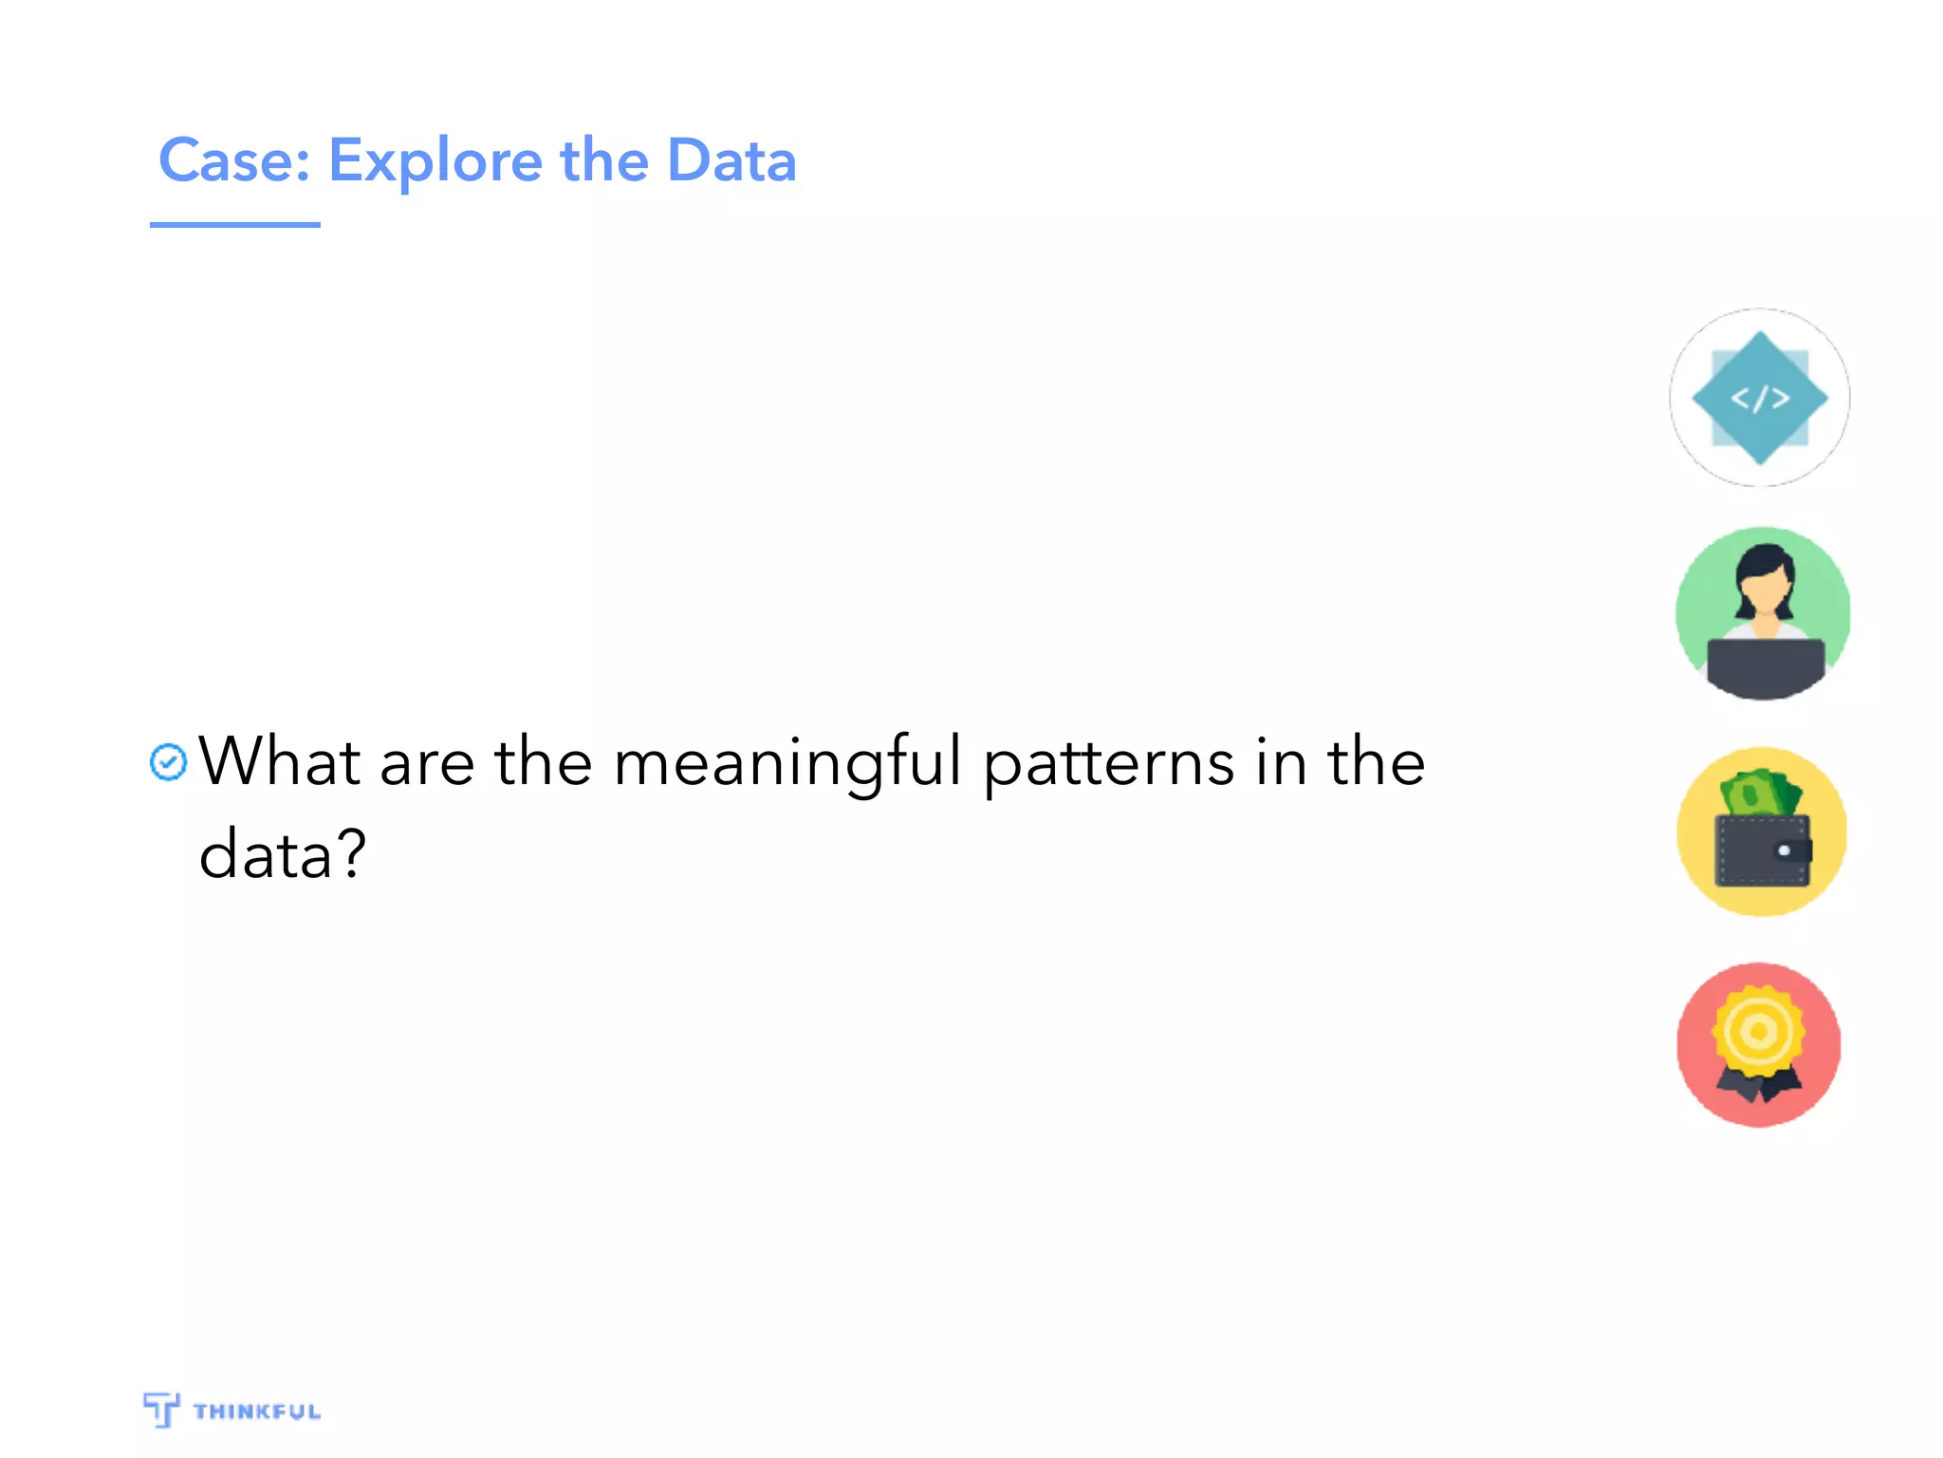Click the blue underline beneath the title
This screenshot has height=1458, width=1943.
(x=234, y=225)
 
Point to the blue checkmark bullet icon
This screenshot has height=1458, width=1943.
(x=169, y=762)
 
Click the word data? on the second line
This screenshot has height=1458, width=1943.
(x=282, y=853)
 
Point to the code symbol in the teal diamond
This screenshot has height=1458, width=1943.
(x=1760, y=398)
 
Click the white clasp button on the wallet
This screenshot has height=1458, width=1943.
(x=1784, y=850)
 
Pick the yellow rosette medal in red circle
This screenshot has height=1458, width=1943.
(x=1758, y=1031)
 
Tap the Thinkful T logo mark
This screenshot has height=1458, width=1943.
(x=161, y=1409)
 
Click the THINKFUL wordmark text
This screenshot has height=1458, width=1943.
(x=257, y=1411)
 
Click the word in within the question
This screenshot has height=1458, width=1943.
(x=1279, y=761)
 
